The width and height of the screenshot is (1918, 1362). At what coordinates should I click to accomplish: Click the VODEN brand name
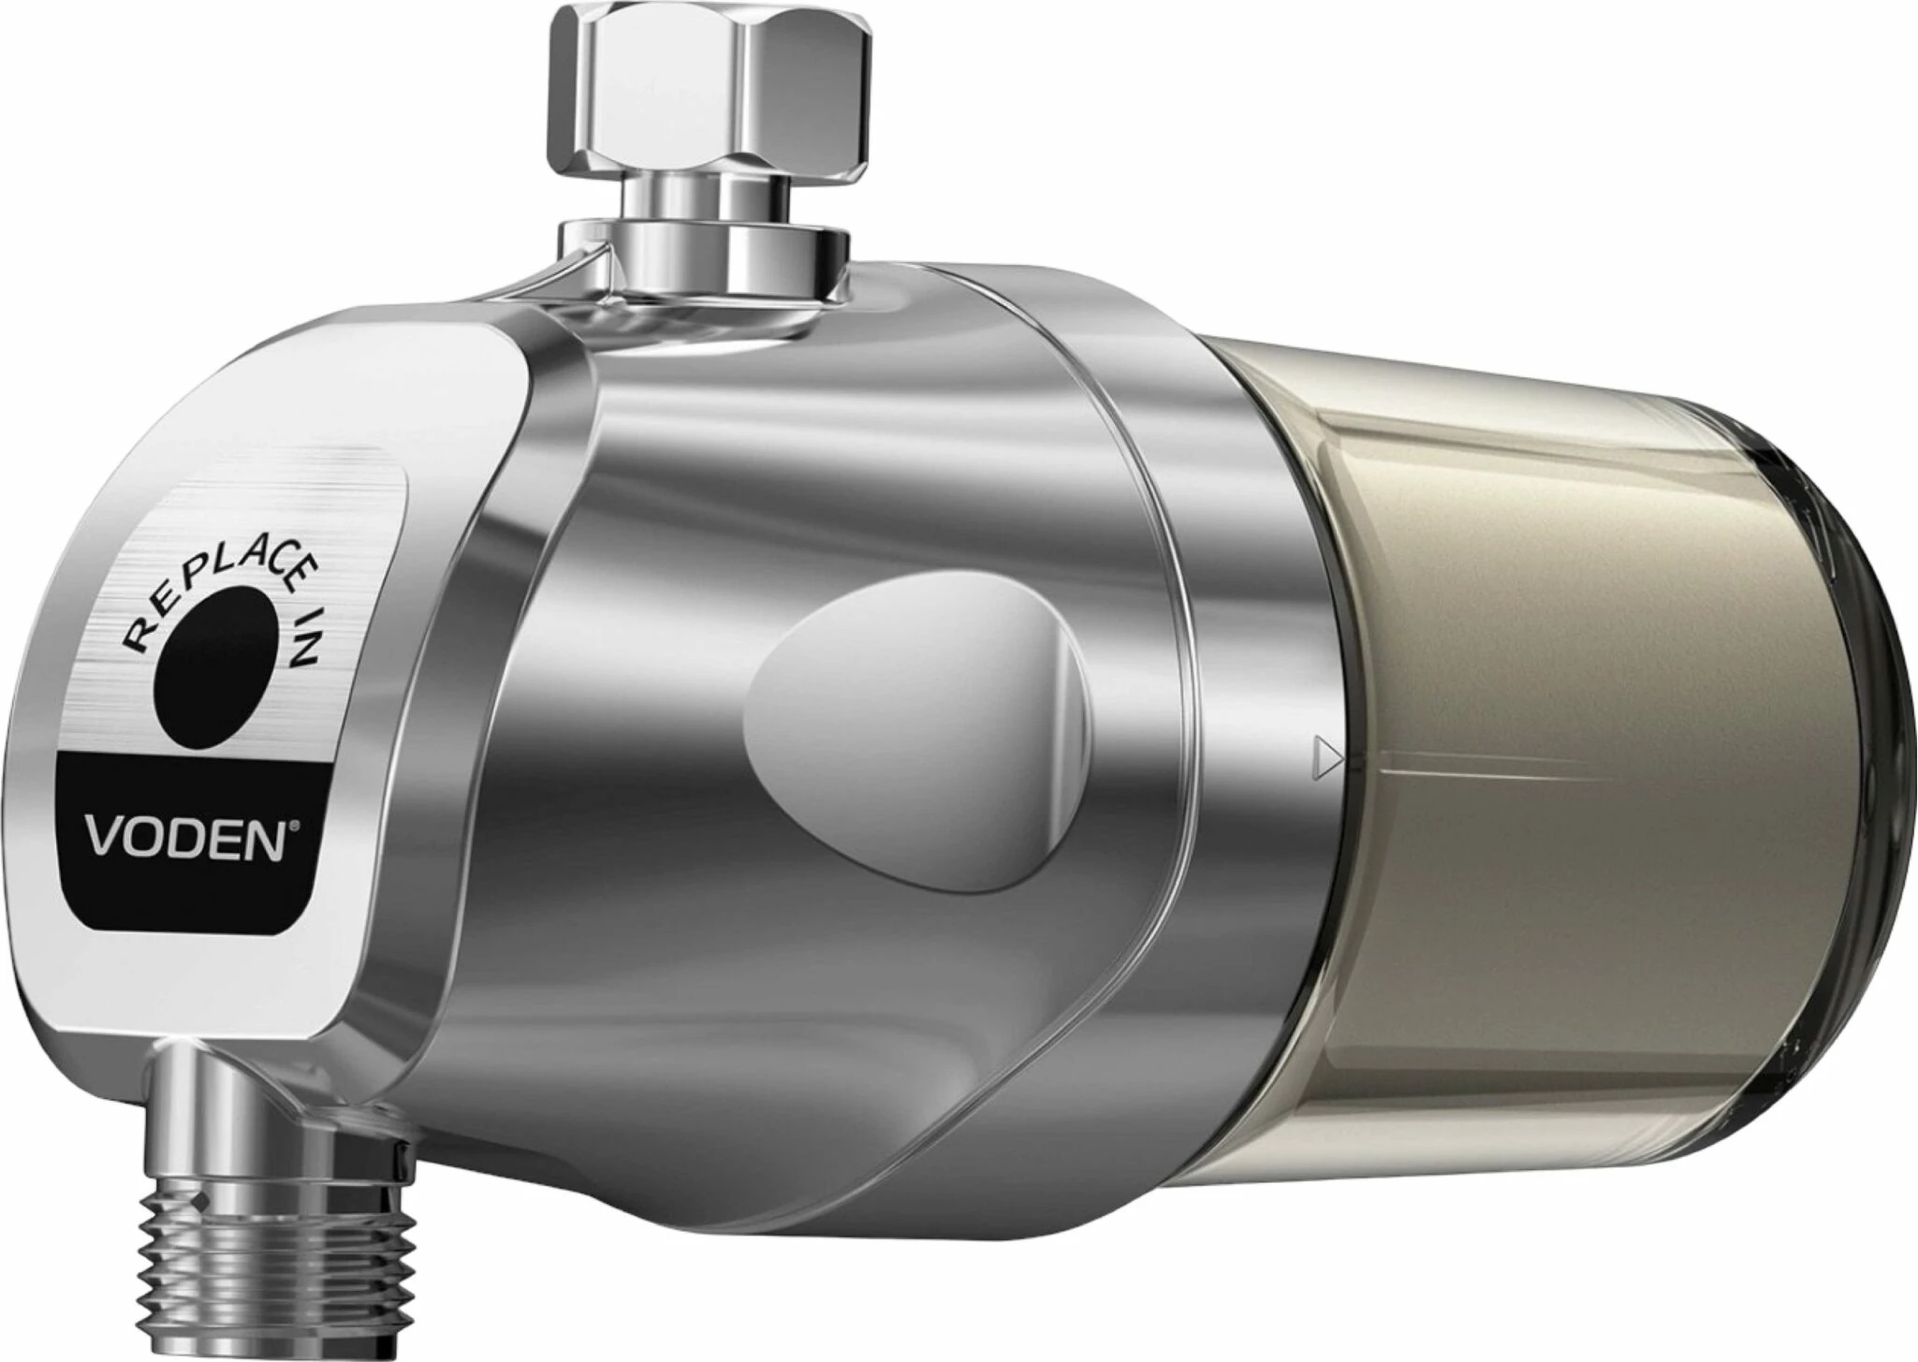(x=186, y=838)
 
